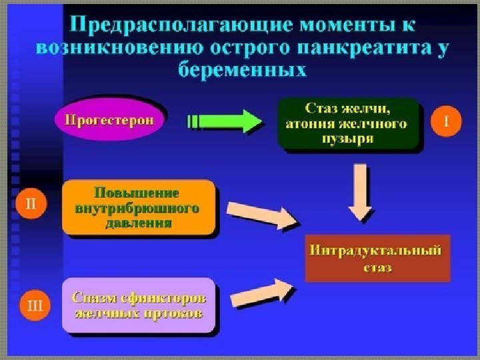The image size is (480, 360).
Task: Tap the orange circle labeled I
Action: click(x=447, y=122)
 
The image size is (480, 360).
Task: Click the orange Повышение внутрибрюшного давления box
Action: click(x=139, y=207)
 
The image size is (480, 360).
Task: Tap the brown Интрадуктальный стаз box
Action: click(x=377, y=258)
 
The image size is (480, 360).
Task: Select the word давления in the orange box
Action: click(x=139, y=223)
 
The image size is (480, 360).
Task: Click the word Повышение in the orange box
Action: click(x=139, y=193)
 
